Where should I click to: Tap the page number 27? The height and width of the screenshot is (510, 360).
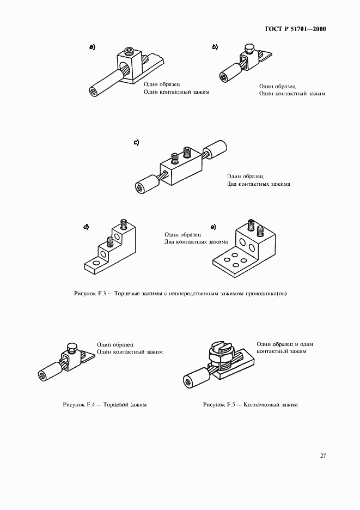pos(322,456)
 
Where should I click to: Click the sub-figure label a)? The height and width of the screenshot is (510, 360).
pos(93,47)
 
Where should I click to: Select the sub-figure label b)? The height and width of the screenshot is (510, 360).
pos(215,47)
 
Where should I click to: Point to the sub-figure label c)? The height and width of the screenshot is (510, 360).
pos(136,143)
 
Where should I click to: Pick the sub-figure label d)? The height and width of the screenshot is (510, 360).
pos(86,227)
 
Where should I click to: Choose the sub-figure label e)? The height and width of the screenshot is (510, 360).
pos(213,227)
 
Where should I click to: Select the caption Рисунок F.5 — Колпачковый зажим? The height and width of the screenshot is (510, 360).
pos(251,405)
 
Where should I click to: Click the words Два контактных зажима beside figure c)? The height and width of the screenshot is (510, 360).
pos(258,184)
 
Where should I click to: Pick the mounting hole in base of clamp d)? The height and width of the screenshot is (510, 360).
pos(95,264)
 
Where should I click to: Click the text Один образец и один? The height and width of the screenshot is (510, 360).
pos(284,344)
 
